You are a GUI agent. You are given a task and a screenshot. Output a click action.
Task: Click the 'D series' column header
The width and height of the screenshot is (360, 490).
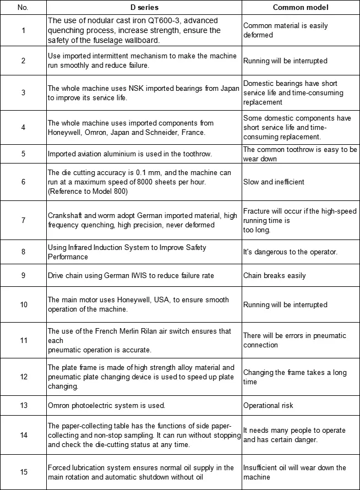144,8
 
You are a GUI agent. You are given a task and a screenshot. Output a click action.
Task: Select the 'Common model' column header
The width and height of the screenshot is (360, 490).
301,8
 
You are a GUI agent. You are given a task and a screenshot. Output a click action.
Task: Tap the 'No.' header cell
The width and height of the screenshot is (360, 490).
23,8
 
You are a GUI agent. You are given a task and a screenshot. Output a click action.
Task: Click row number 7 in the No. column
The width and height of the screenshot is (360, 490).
23,220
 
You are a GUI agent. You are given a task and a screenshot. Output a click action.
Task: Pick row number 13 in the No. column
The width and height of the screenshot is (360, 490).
23,406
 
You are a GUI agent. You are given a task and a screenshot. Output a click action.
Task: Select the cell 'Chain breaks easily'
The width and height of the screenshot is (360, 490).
274,275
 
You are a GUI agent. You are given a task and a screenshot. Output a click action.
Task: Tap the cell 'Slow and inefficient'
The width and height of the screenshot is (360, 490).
274,182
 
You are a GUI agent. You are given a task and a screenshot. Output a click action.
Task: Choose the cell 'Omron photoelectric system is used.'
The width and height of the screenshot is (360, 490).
106,406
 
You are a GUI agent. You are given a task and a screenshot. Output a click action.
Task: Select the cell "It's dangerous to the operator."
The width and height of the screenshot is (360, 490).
290,252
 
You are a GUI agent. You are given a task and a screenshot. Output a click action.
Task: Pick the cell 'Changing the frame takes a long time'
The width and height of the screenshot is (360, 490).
295,377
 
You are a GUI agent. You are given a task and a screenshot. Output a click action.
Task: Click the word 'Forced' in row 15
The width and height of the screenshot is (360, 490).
59,468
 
